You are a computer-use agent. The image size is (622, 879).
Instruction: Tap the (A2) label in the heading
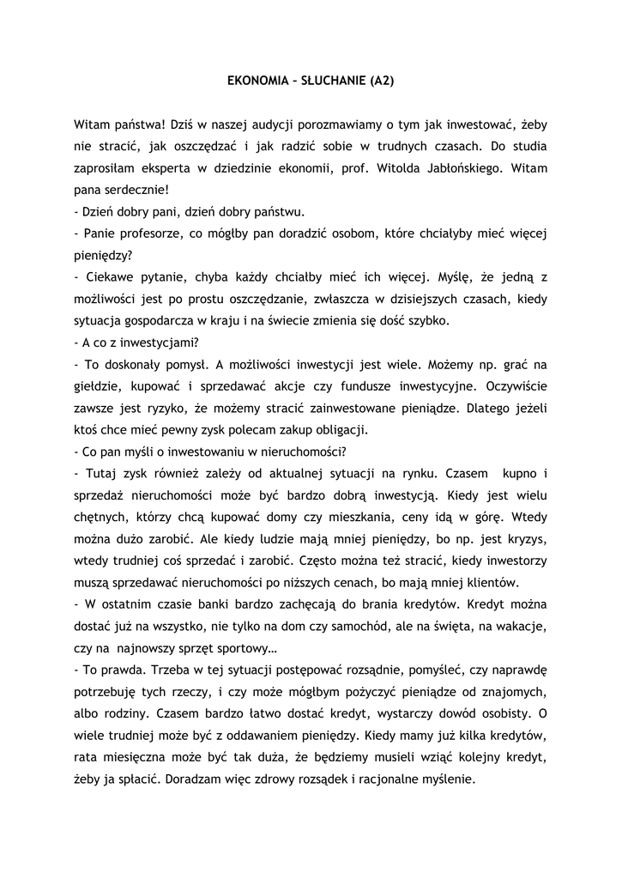(382, 82)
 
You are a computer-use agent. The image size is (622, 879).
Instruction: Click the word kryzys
(525, 540)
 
